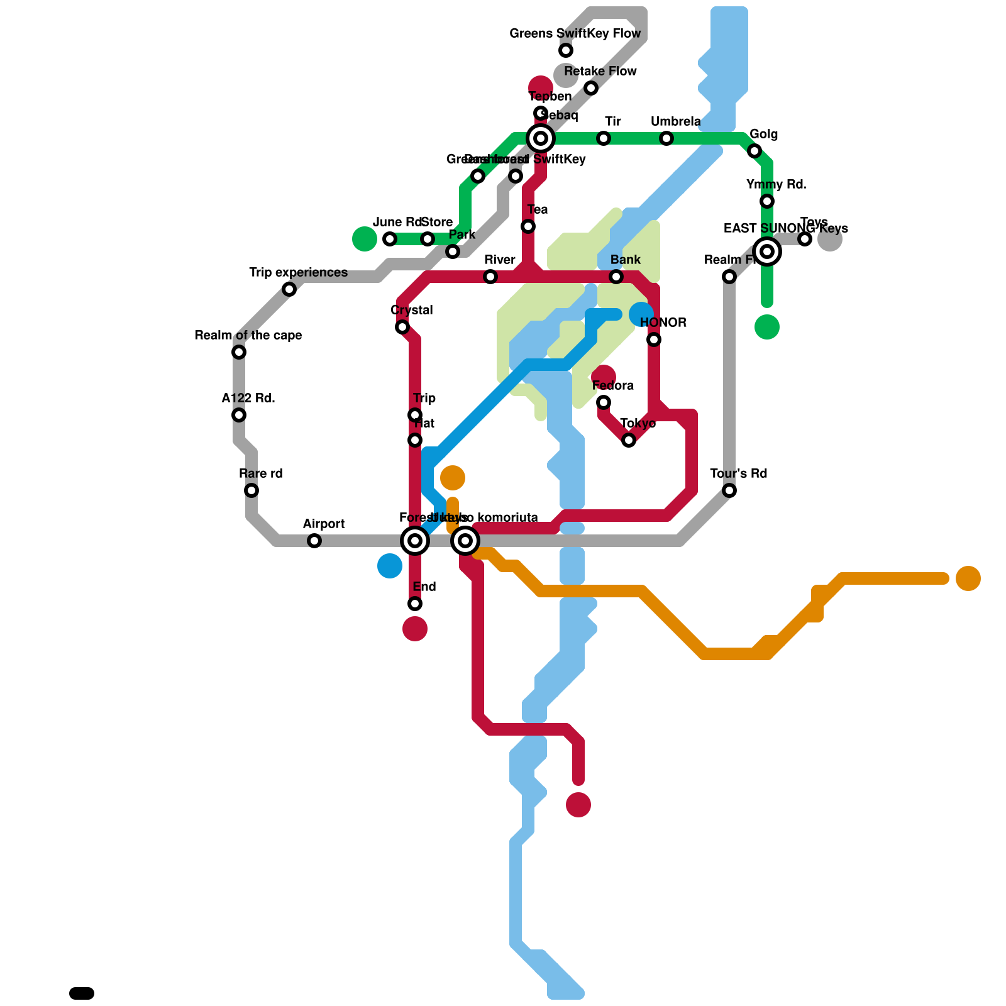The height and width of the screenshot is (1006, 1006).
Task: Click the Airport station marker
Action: pyautogui.click(x=314, y=541)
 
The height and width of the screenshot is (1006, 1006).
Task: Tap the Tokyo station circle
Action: pyautogui.click(x=629, y=440)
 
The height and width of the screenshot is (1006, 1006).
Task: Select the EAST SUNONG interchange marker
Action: pyautogui.click(x=767, y=251)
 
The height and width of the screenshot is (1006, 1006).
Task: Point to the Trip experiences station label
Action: pyautogui.click(x=298, y=272)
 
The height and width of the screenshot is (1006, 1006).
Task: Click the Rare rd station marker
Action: pyautogui.click(x=251, y=490)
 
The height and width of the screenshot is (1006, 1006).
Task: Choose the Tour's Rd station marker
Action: pyautogui.click(x=729, y=490)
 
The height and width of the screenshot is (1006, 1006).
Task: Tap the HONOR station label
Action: pyautogui.click(x=663, y=323)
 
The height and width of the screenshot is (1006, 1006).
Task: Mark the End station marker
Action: pyautogui.click(x=415, y=604)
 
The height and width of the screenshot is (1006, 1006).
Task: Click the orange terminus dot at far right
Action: pyautogui.click(x=968, y=578)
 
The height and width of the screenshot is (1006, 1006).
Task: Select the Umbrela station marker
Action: pyautogui.click(x=666, y=138)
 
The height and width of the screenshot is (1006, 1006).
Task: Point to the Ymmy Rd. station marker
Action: pyautogui.click(x=767, y=201)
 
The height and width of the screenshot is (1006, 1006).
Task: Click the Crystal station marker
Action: pyautogui.click(x=402, y=327)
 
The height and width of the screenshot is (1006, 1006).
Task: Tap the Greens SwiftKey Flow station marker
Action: pyautogui.click(x=566, y=50)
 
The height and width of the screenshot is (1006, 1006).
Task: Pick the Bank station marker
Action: pyautogui.click(x=616, y=277)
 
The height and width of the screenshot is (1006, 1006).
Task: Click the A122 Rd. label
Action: pyautogui.click(x=248, y=398)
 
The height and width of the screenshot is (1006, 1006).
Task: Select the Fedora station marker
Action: pyautogui.click(x=604, y=402)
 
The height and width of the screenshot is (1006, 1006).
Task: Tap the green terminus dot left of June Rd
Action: pyautogui.click(x=365, y=239)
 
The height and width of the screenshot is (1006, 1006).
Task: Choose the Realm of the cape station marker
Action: pyautogui.click(x=239, y=352)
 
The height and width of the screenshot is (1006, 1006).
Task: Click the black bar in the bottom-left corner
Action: pyautogui.click(x=82, y=993)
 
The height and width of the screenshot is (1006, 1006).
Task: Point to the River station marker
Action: pyautogui.click(x=490, y=277)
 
